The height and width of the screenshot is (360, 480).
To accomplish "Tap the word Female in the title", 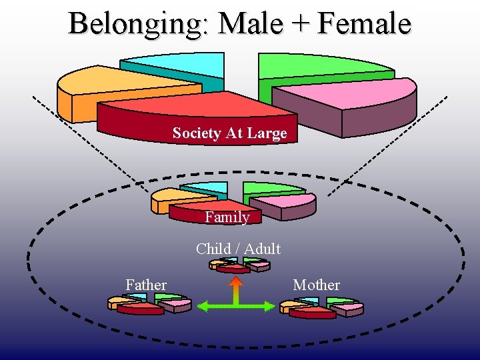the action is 364,23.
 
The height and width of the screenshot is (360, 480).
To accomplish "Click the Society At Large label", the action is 229,133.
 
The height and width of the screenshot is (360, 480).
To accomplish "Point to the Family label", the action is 227,217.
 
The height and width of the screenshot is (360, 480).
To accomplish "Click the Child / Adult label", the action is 238,249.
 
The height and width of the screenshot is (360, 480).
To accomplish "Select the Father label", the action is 146,285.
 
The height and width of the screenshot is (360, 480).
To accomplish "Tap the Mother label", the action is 316,285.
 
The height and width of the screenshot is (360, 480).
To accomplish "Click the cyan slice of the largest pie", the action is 180,67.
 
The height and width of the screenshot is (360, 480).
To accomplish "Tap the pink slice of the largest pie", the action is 360,97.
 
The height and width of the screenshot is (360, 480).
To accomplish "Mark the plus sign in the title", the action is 299,25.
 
